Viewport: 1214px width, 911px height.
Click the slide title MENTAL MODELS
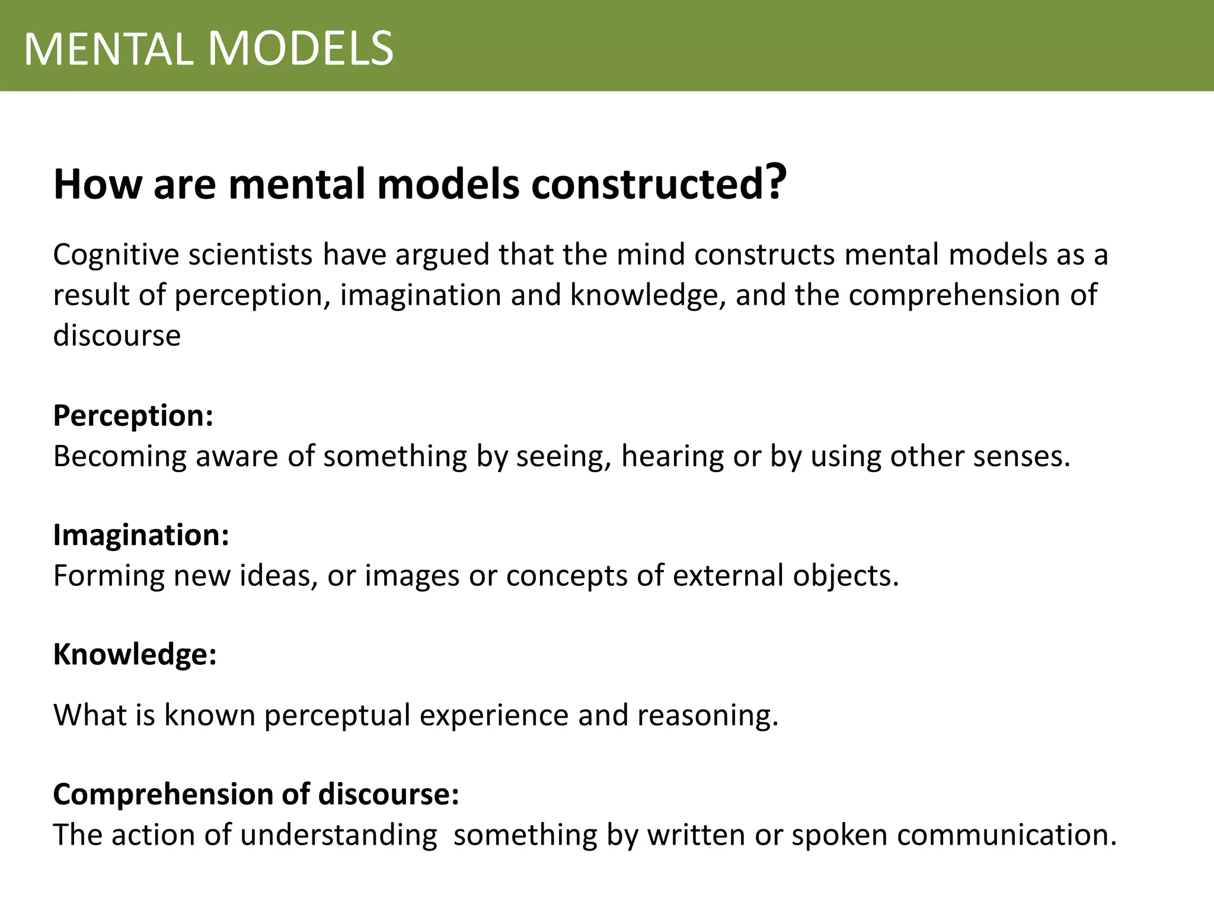coord(209,49)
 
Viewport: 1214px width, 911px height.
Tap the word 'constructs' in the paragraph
coord(764,255)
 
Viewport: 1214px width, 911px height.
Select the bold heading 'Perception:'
coord(133,416)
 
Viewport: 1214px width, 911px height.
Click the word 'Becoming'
coord(120,457)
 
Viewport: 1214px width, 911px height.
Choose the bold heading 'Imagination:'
coord(141,536)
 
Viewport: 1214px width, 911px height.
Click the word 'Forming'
coord(108,576)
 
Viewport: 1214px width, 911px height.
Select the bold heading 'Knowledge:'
coord(135,655)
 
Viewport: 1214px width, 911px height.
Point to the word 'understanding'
coord(339,836)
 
